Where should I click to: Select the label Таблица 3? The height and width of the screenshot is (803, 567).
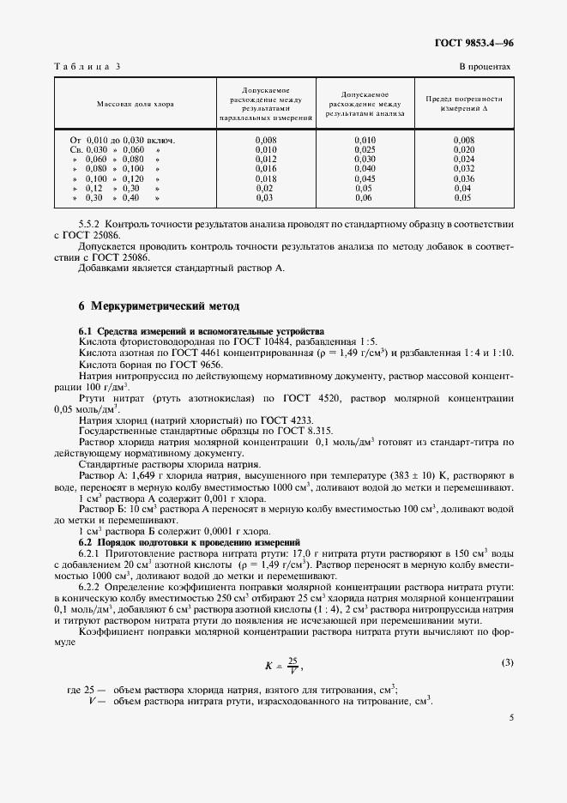coord(87,66)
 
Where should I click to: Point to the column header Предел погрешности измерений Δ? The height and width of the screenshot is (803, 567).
coord(463,104)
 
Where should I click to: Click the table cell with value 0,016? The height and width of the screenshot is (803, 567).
coord(266,169)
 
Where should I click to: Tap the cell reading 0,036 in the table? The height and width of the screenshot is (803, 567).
coord(463,178)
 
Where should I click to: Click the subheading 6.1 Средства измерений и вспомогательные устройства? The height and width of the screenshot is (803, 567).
coord(202,331)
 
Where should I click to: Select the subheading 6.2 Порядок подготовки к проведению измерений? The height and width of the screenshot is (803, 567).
coord(190,543)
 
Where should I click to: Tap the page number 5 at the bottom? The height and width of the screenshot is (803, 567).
coord(511,742)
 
